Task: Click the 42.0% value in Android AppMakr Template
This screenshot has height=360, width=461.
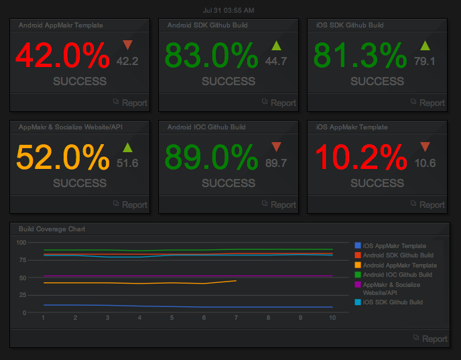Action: click(62, 56)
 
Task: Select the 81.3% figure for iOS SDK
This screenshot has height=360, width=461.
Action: click(360, 56)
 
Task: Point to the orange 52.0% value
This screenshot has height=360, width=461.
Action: click(62, 158)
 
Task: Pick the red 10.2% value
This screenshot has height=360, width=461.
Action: click(360, 158)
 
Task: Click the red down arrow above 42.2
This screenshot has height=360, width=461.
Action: click(127, 46)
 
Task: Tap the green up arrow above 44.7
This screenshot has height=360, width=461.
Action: click(276, 46)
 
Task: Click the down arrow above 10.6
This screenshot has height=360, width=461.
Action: click(425, 147)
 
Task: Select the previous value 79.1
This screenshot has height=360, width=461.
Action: click(425, 61)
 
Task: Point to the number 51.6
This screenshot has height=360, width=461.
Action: click(127, 163)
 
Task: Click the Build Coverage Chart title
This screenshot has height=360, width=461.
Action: click(52, 229)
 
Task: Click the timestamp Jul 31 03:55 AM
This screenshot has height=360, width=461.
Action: click(228, 10)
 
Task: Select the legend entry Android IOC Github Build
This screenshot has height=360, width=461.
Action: click(398, 275)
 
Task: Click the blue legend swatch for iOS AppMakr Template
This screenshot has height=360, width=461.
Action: click(357, 246)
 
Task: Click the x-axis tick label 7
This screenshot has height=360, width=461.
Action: click(236, 318)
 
